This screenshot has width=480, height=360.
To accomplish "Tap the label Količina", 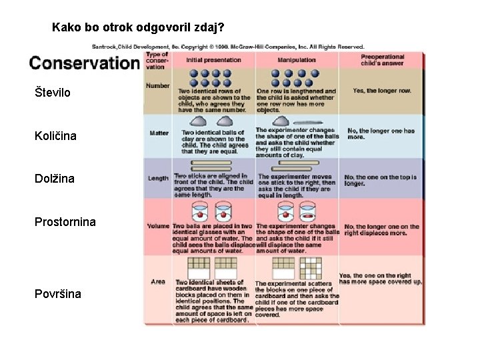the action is [55, 136].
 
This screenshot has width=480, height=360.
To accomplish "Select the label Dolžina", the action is [55, 179].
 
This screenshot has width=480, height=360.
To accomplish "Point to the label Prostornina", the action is [65, 221].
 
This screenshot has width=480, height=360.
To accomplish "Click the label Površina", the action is [58, 293].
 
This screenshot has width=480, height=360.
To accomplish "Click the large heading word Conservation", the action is [83, 63].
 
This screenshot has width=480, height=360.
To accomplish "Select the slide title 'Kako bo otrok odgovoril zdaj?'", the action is [138, 29].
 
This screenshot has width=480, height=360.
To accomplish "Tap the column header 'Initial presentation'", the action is [213, 60].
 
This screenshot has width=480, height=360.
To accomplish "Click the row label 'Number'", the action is [158, 85].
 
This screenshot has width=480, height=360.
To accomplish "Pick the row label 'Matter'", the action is [159, 133].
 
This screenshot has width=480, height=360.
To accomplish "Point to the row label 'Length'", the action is [158, 178].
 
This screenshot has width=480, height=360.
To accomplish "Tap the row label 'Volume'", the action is [158, 226].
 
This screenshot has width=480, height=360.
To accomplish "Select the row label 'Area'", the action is [158, 282].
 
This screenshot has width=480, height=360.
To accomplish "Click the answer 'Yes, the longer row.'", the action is [382, 91].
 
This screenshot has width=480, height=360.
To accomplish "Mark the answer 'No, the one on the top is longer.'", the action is [381, 180].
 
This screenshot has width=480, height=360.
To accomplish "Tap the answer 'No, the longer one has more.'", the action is [381, 133].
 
